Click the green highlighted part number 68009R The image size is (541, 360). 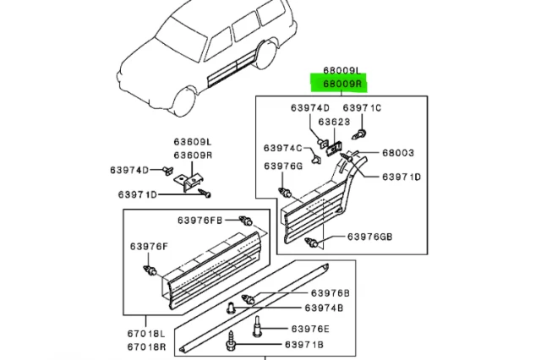click(338, 85)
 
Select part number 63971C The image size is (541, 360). click(362, 108)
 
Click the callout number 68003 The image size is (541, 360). click(398, 153)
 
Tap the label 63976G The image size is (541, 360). click(283, 166)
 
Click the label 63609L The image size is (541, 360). click(194, 144)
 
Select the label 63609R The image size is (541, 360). click(194, 155)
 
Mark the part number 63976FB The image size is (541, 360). click(199, 221)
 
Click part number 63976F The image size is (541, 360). click(149, 246)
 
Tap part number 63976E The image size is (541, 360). click(311, 328)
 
